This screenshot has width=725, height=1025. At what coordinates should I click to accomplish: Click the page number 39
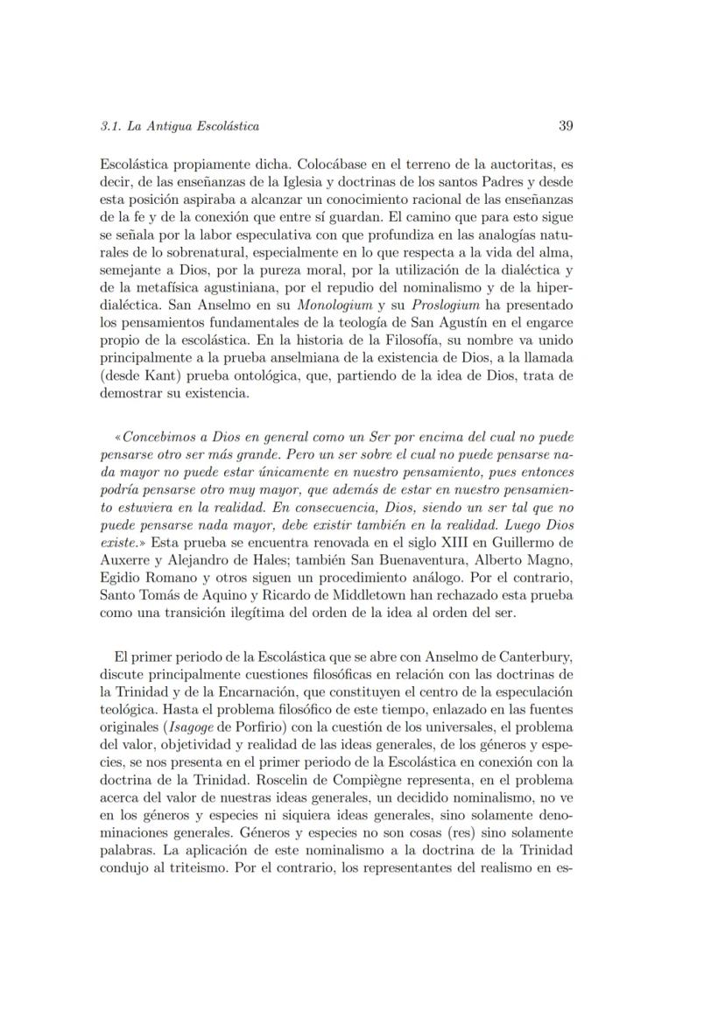(x=565, y=125)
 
